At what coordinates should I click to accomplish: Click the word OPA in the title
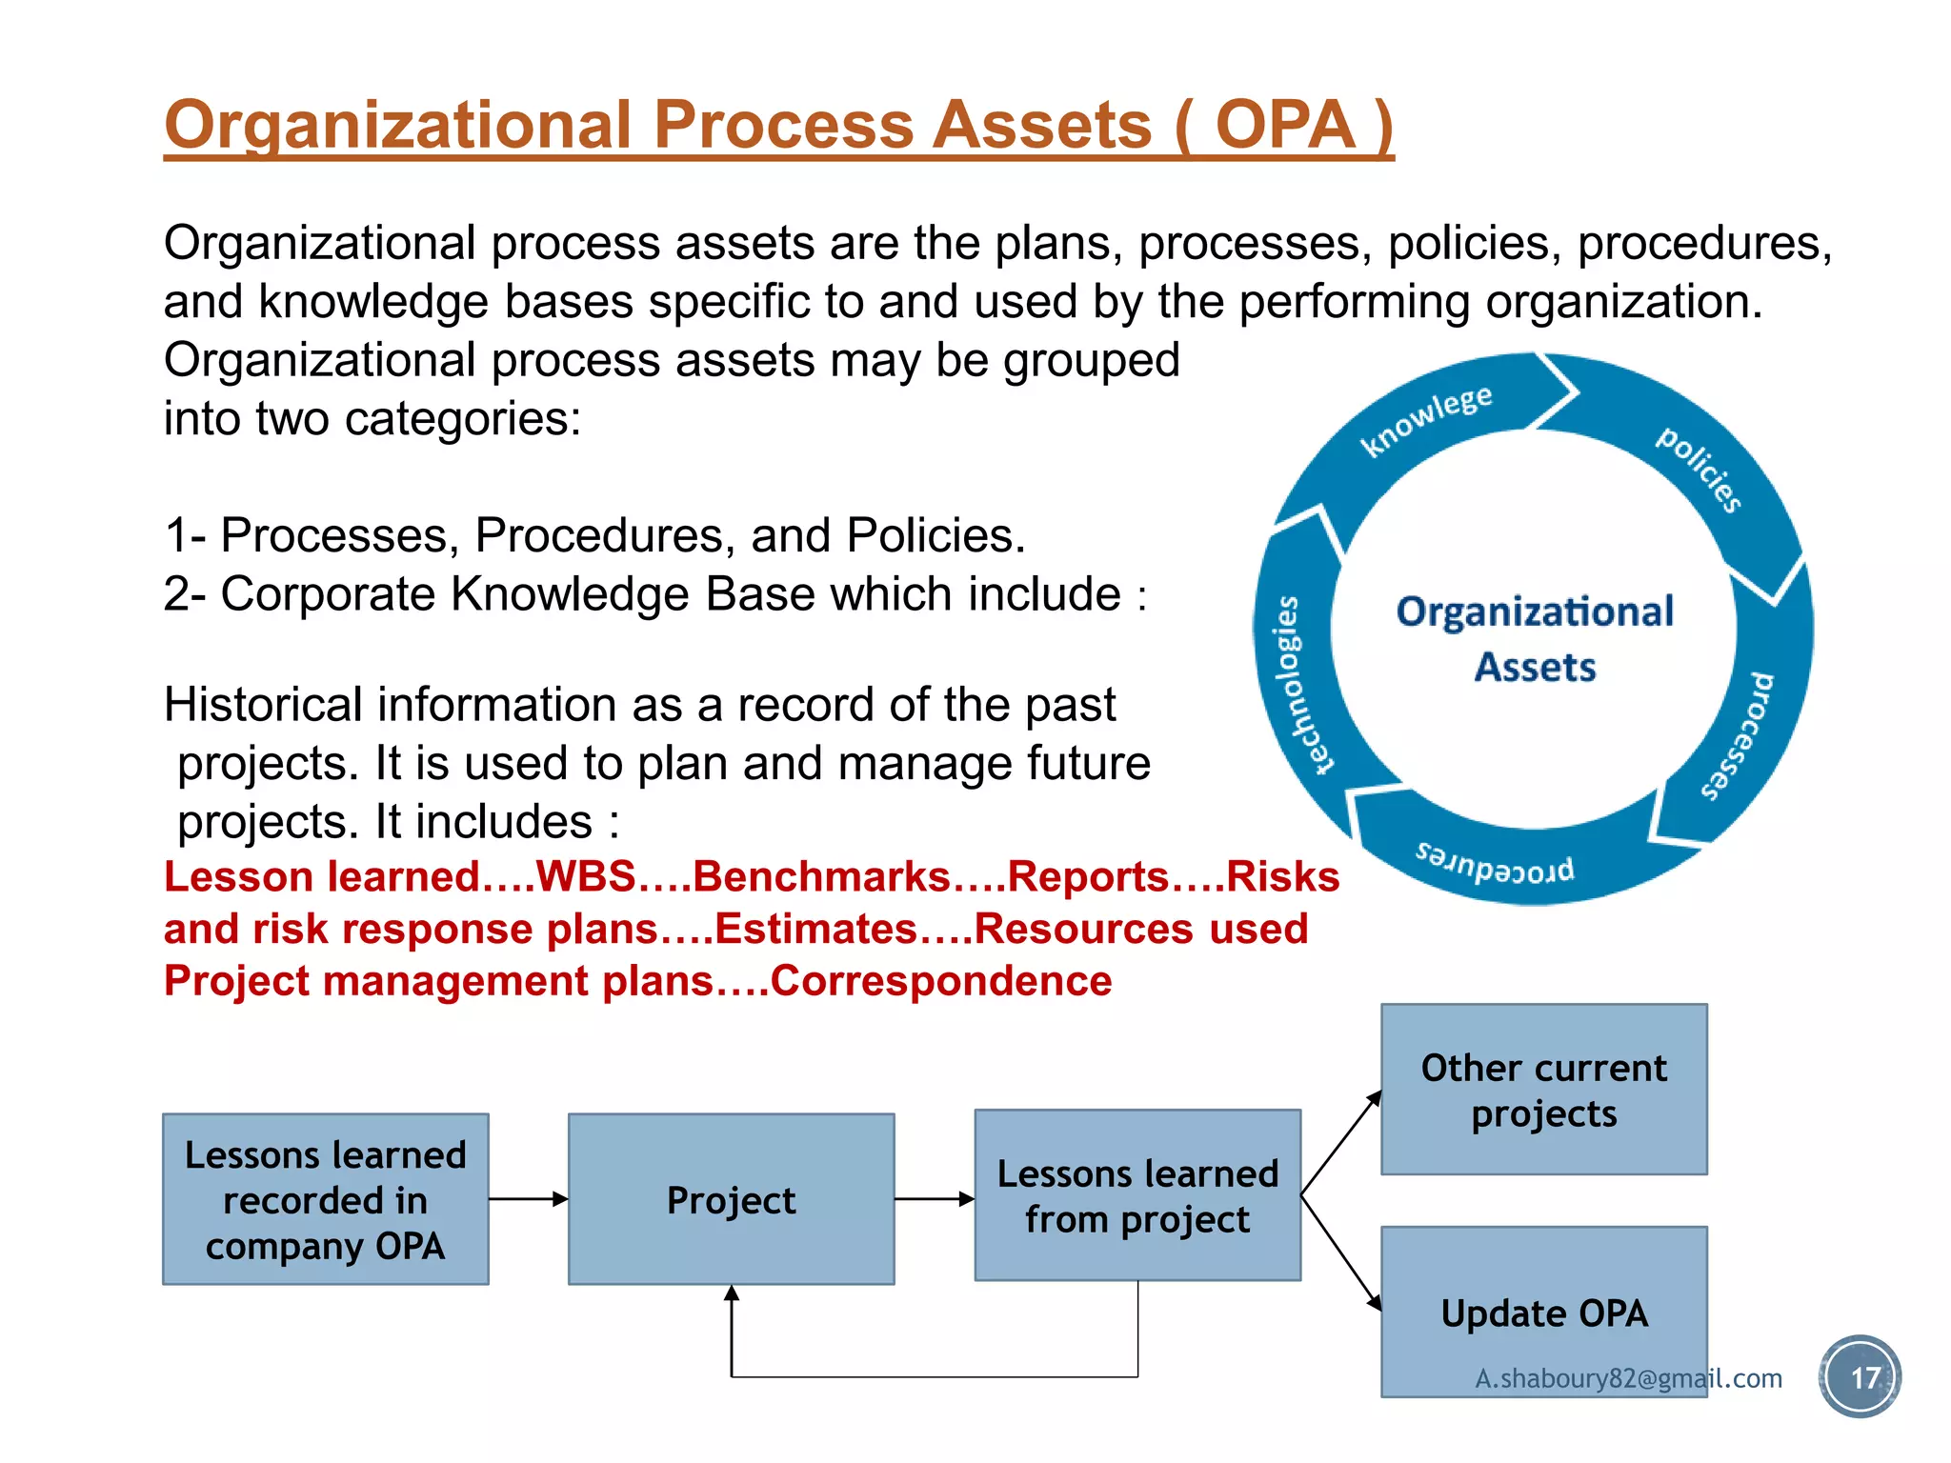(x=1285, y=126)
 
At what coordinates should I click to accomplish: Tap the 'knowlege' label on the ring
(x=1425, y=420)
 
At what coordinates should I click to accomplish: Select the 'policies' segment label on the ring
(x=1700, y=470)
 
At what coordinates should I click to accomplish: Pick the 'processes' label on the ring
(x=1740, y=736)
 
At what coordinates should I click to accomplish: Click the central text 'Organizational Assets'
(x=1535, y=638)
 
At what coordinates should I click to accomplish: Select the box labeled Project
(x=731, y=1199)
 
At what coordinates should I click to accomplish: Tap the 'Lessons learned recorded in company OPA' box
(x=325, y=1199)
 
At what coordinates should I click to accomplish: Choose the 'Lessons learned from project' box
(x=1137, y=1195)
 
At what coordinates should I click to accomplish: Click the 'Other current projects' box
(x=1543, y=1089)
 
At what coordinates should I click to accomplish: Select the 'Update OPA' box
(x=1543, y=1312)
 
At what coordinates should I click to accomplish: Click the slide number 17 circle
(x=1860, y=1377)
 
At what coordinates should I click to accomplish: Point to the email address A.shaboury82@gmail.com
(x=1628, y=1378)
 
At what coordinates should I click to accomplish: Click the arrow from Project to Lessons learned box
(x=934, y=1199)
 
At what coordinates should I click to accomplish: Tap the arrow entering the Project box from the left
(x=529, y=1199)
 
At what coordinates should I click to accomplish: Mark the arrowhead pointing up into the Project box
(x=732, y=1293)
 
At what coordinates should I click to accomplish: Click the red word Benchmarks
(x=821, y=876)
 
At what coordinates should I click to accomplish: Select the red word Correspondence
(x=941, y=981)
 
